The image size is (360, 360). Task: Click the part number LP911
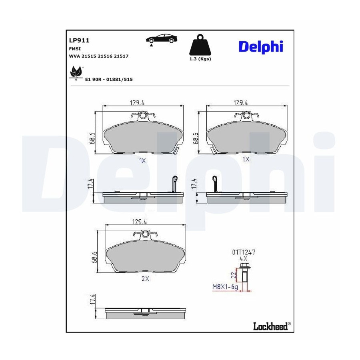[79, 40]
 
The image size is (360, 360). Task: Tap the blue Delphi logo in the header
[261, 47]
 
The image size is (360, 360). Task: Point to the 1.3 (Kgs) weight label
[200, 59]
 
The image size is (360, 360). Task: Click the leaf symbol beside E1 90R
[76, 72]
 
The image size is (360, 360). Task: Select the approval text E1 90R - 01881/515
[109, 80]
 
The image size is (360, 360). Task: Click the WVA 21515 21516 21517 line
[99, 56]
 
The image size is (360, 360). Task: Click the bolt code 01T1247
[244, 252]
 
